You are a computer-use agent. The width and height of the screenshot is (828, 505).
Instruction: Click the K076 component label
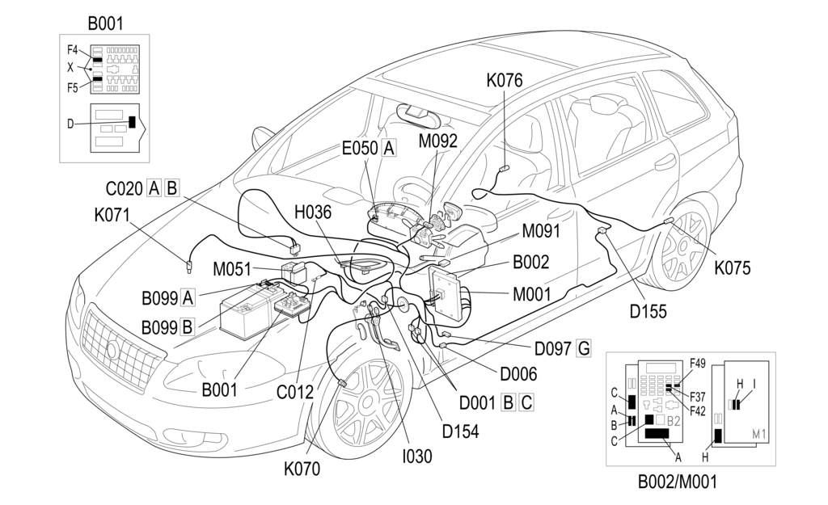pyautogui.click(x=504, y=80)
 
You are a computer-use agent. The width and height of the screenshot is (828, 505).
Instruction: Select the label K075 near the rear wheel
pyautogui.click(x=732, y=267)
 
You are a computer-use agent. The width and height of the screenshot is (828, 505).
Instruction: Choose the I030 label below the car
pyautogui.click(x=417, y=456)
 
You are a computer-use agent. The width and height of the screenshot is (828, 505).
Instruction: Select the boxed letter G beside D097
pyautogui.click(x=583, y=349)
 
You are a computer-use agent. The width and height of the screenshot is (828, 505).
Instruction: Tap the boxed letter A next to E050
pyautogui.click(x=390, y=148)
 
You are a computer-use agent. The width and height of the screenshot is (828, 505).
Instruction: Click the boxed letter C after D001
pyautogui.click(x=526, y=402)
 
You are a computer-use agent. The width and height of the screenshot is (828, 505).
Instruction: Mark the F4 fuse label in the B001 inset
pyautogui.click(x=73, y=50)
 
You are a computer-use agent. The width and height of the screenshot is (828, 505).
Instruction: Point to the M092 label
pyautogui.click(x=438, y=141)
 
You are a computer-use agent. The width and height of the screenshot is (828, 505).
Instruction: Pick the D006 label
pyautogui.click(x=517, y=374)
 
